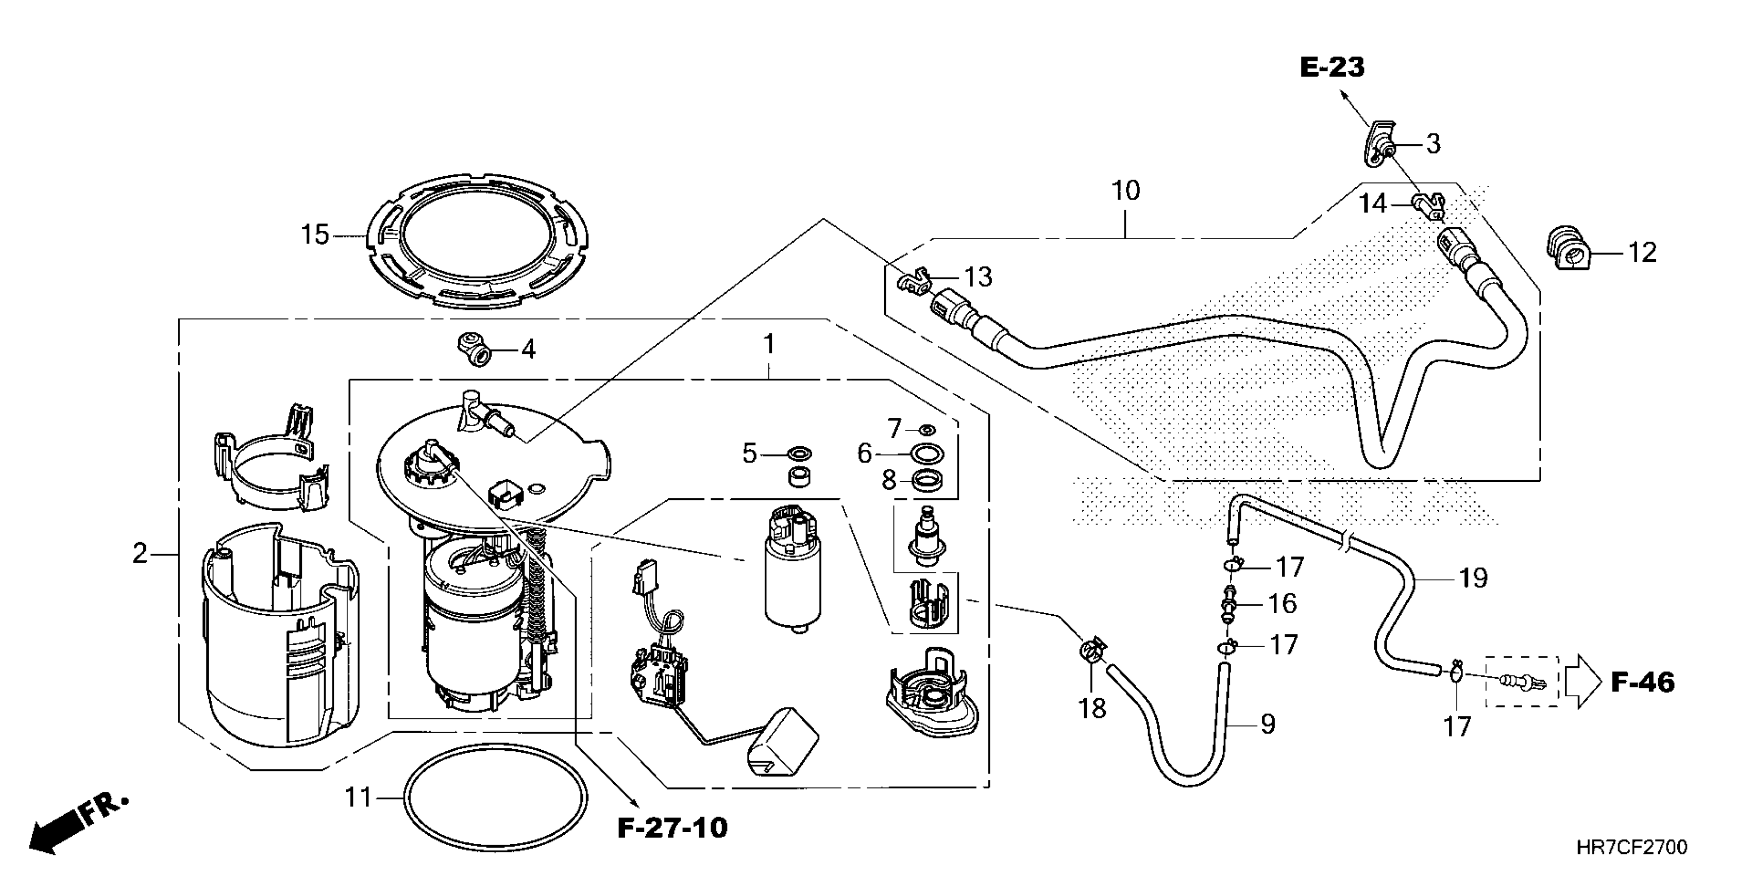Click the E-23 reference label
pos(1332,68)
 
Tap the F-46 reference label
pos(1643,682)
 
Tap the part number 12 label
pos(1642,253)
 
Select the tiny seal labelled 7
pos(926,429)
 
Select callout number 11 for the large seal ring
pos(359,797)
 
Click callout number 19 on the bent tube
pos(1473,578)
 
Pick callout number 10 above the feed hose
pos(1125,191)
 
